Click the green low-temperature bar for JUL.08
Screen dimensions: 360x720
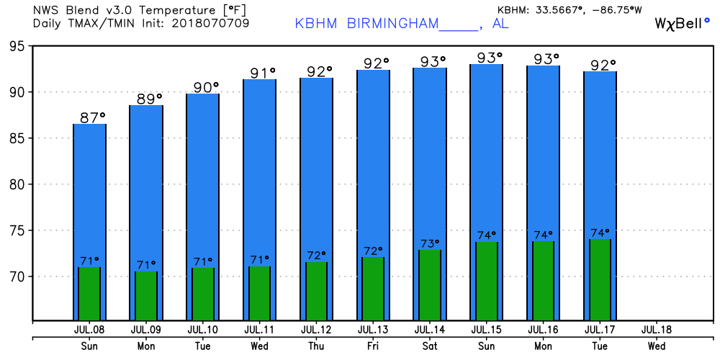coord(89,293)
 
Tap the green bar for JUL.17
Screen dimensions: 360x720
coord(600,279)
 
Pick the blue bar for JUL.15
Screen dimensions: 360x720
coord(487,151)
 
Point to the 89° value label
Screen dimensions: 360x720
coord(149,99)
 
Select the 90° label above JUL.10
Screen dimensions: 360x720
coord(205,87)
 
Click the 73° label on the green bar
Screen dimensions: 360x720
coord(431,243)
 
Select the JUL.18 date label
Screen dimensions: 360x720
coord(656,330)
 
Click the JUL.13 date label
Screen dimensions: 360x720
coord(373,330)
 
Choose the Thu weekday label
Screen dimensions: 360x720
coord(317,346)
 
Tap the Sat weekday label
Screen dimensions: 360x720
coord(430,346)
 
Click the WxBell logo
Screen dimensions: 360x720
coord(682,23)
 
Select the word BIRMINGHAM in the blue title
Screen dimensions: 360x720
coord(392,23)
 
